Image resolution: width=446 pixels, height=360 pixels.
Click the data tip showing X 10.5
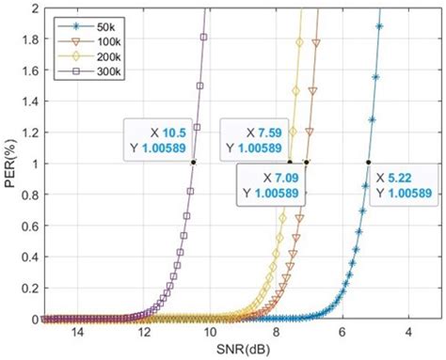[158, 133]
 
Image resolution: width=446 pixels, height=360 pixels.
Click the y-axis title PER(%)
[10, 163]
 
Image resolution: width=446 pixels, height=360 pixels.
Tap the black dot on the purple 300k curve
[193, 163]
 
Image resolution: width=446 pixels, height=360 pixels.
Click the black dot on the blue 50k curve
[368, 163]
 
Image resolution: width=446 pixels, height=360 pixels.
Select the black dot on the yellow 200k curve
[290, 163]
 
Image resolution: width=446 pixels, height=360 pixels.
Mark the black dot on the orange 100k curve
[307, 163]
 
